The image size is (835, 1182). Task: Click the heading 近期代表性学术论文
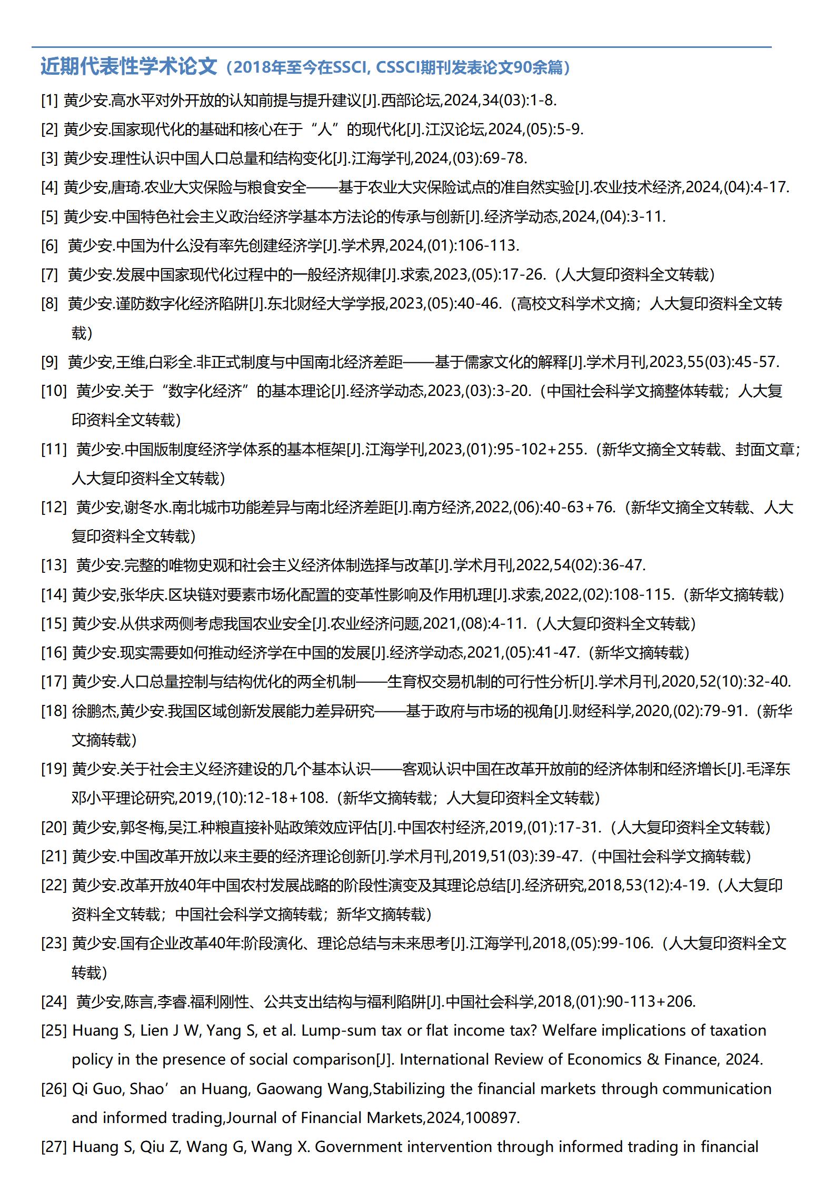(129, 67)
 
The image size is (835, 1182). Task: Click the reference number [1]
(49, 100)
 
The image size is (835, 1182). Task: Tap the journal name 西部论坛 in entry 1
(411, 100)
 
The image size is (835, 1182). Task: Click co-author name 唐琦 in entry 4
(127, 187)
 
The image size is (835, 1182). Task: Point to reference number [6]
(49, 245)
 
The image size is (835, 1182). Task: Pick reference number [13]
(54, 565)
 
